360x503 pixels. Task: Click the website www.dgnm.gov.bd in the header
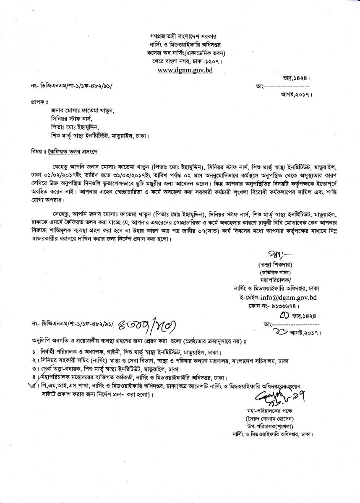185,70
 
